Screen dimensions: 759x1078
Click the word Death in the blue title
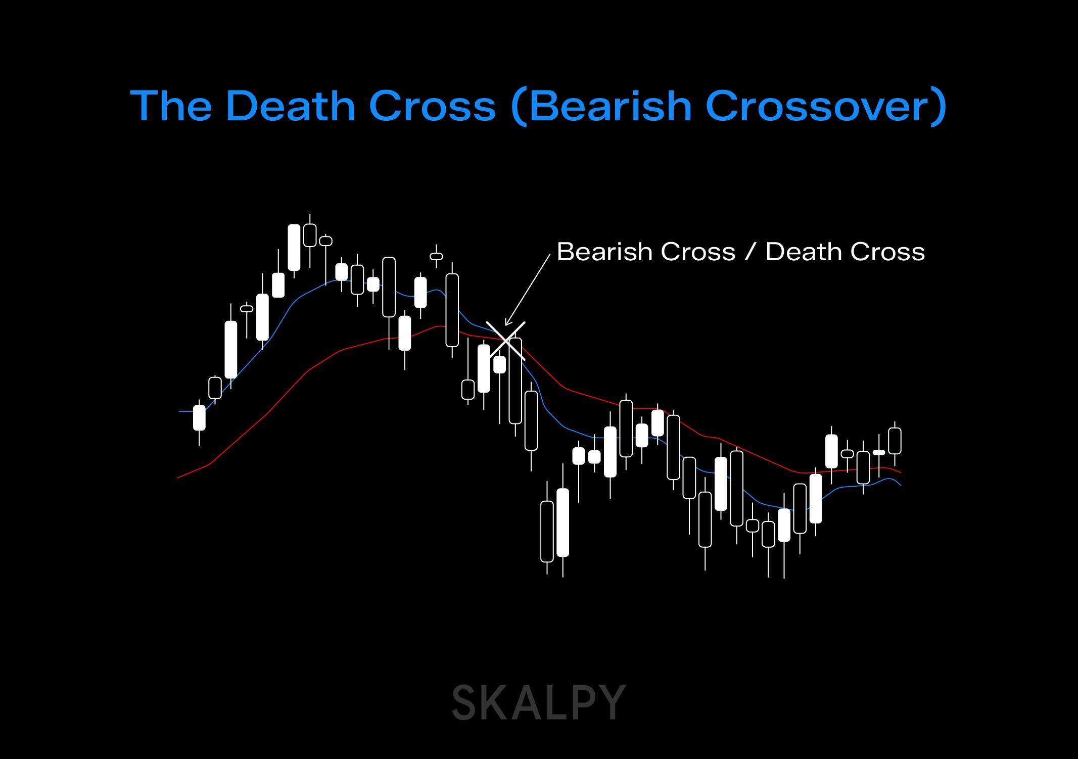pyautogui.click(x=291, y=106)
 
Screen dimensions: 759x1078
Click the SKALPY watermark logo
pyautogui.click(x=538, y=702)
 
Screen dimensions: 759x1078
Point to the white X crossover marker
pyautogui.click(x=505, y=341)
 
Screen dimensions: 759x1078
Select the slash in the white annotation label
pyautogui.click(x=751, y=252)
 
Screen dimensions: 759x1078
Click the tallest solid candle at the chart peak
pyautogui.click(x=294, y=248)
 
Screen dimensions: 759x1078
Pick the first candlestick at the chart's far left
pyautogui.click(x=199, y=417)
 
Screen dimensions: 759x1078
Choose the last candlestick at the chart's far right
pyautogui.click(x=895, y=441)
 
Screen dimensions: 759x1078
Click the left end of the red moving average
pyautogui.click(x=178, y=478)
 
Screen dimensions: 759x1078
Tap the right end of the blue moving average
pyautogui.click(x=901, y=485)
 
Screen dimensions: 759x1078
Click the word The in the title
pyautogui.click(x=171, y=106)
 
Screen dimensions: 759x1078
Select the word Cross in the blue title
pyautogui.click(x=432, y=106)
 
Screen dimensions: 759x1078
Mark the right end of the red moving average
pyautogui.click(x=901, y=472)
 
